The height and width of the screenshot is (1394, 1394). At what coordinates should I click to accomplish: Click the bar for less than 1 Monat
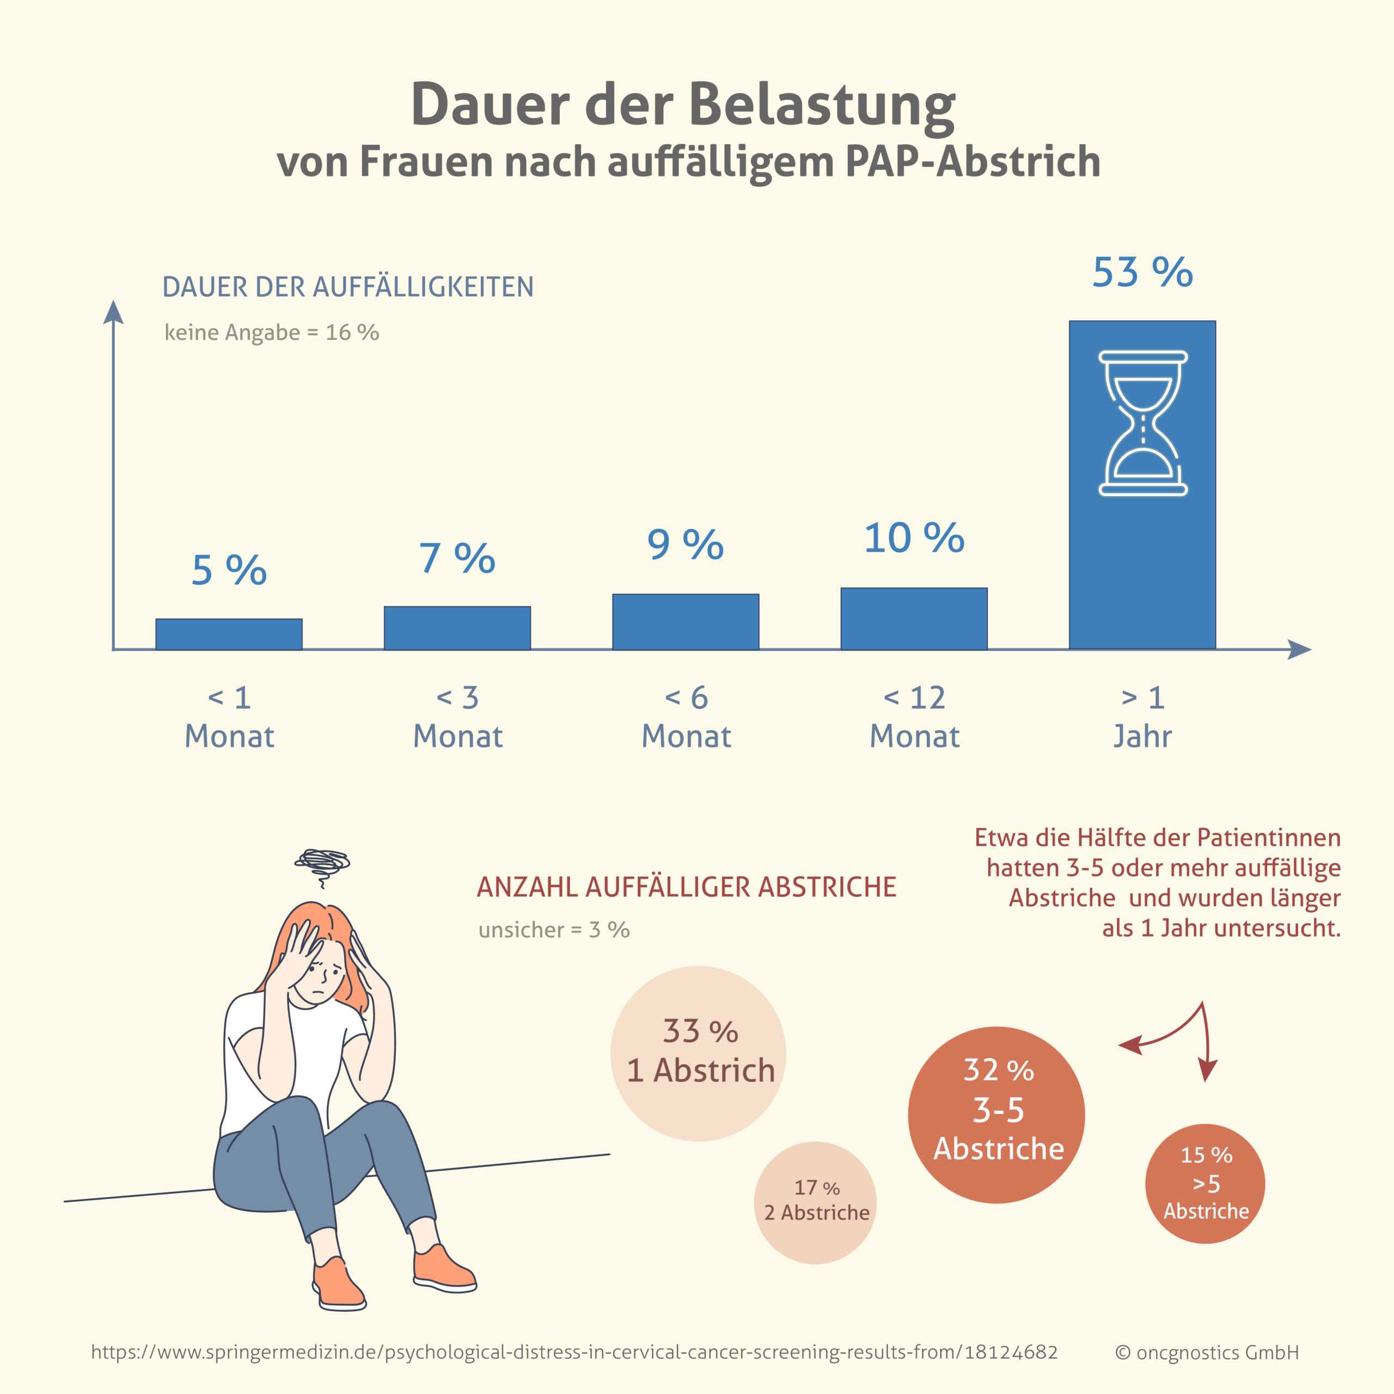pos(229,634)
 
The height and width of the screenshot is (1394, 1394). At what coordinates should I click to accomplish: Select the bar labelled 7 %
pos(457,628)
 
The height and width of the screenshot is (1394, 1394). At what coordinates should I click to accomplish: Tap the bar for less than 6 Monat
pos(686,622)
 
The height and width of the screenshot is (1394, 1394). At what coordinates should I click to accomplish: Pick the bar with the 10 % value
pos(914,619)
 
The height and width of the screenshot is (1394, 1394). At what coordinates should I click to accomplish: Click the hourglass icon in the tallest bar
pos(1143,424)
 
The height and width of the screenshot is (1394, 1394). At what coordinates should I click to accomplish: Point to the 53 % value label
pos(1142,273)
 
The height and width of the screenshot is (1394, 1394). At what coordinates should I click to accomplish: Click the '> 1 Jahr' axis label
pos(1142,717)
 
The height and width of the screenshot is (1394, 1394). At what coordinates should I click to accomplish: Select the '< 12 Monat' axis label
pos(914,717)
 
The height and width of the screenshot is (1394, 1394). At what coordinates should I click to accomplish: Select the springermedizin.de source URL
pos(574,1352)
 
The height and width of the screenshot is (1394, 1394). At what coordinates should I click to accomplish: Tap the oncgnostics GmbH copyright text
pos(1206,1353)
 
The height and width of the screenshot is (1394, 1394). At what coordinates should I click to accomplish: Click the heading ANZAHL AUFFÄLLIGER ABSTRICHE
pos(686,886)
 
